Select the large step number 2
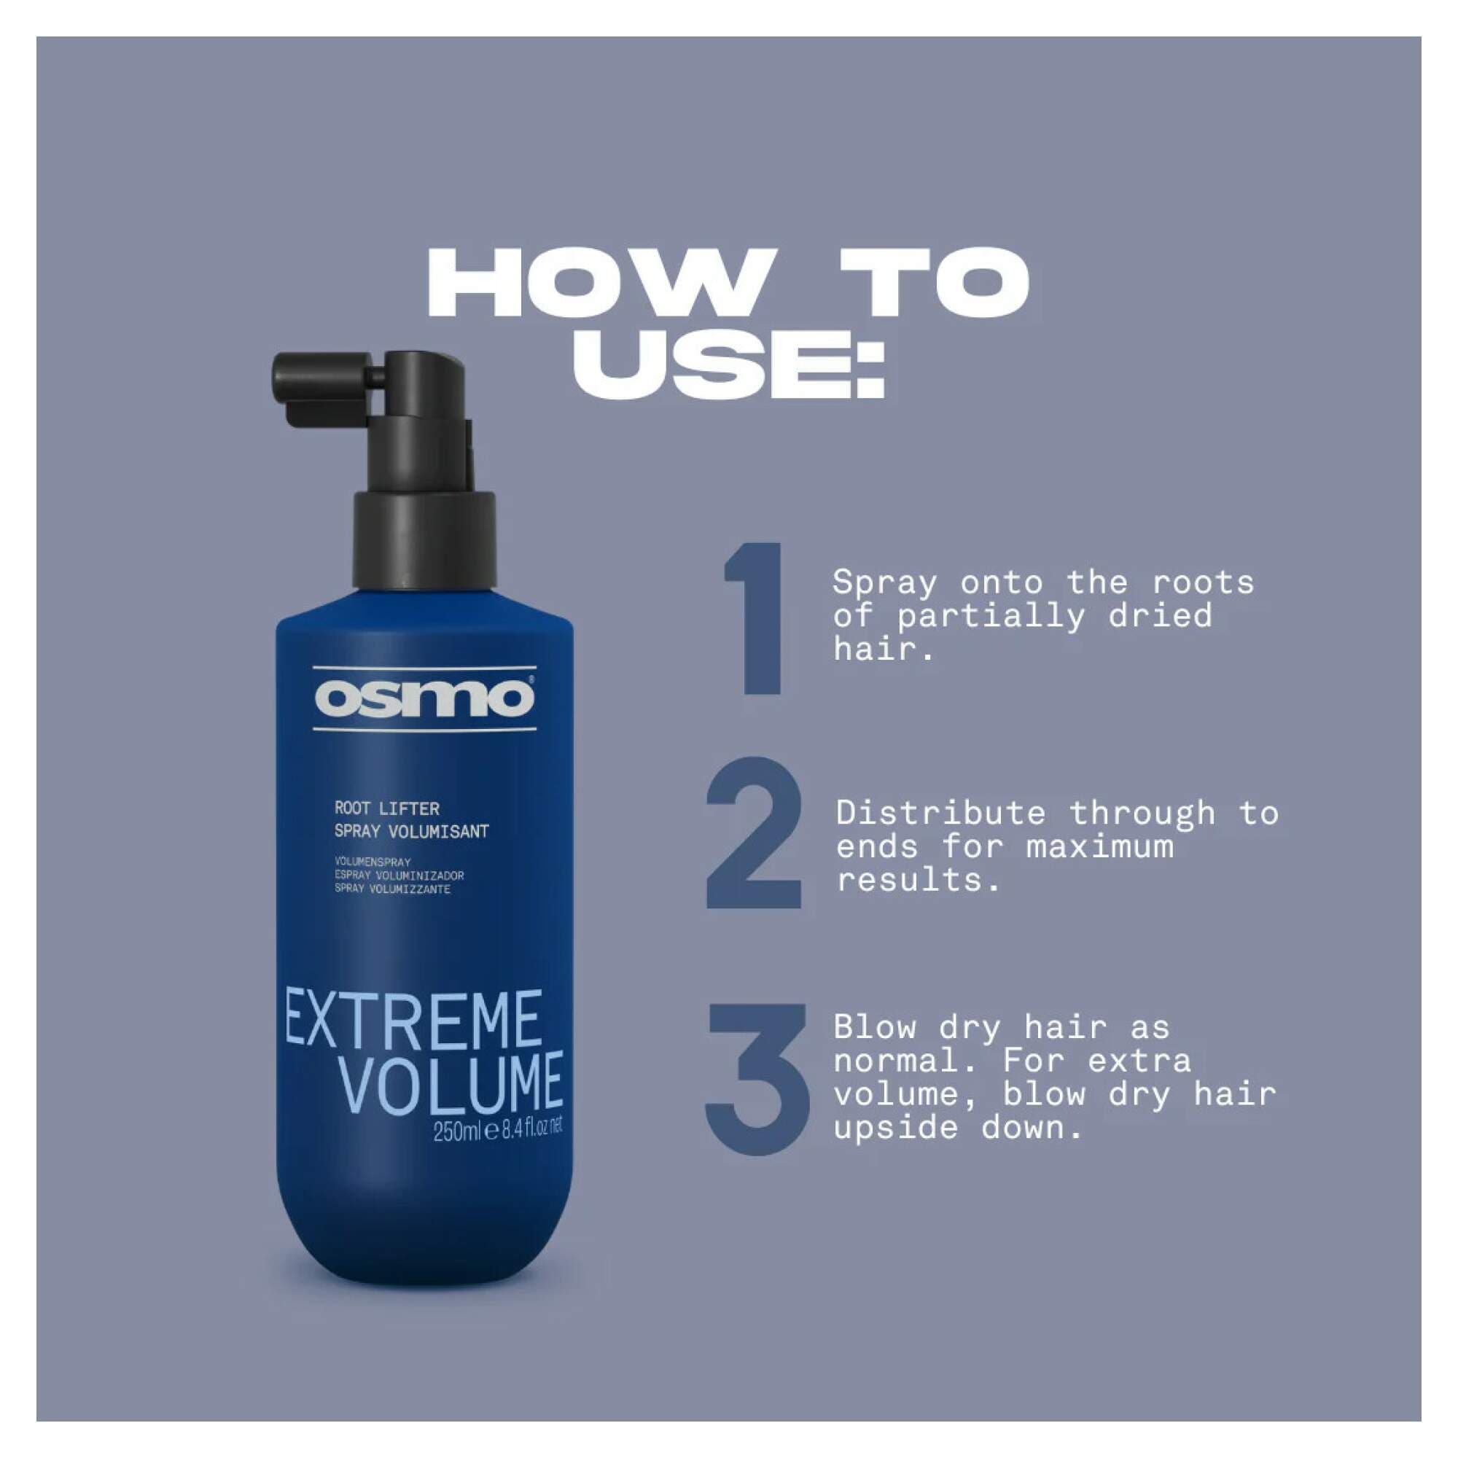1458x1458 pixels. tap(752, 834)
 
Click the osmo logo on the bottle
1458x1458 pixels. tap(424, 699)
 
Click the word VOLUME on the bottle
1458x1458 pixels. tap(450, 1083)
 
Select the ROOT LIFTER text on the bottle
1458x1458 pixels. tap(386, 809)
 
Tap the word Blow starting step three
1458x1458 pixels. tap(875, 1028)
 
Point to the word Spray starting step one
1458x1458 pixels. tap(884, 583)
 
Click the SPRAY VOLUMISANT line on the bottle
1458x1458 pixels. tap(411, 832)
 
